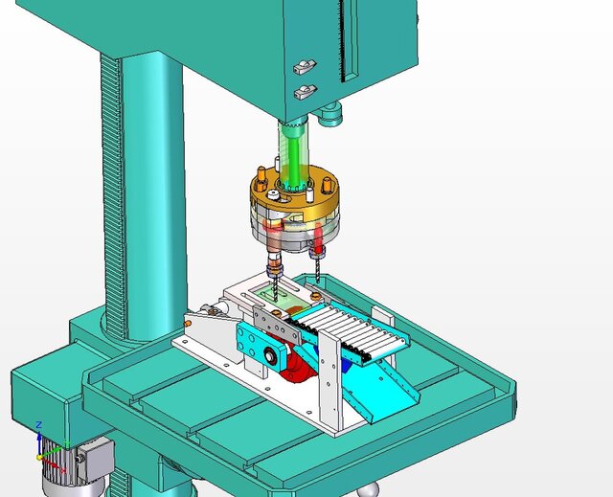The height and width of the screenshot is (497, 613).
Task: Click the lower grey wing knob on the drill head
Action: click(304, 92)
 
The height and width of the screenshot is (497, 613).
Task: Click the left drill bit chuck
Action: click(275, 260)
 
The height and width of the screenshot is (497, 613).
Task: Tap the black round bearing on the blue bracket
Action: click(272, 357)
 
